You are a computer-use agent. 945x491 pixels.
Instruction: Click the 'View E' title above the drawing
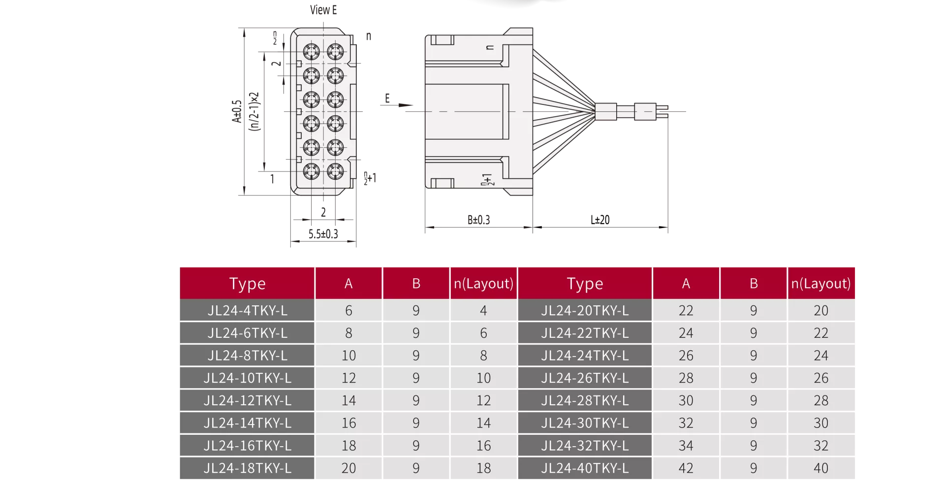pyautogui.click(x=323, y=10)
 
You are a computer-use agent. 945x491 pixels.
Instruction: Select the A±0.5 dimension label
pyautogui.click(x=237, y=111)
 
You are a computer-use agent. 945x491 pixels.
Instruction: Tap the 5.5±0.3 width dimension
pyautogui.click(x=323, y=234)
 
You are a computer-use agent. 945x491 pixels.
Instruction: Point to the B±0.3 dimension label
pyautogui.click(x=478, y=220)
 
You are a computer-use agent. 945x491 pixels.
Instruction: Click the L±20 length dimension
pyautogui.click(x=600, y=220)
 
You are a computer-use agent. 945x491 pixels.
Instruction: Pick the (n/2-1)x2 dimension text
pyautogui.click(x=254, y=111)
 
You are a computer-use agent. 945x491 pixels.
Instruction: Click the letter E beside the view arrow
pyautogui.click(x=387, y=98)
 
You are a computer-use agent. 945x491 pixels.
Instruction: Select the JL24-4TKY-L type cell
pyautogui.click(x=247, y=311)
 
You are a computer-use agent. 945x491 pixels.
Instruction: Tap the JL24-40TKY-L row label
pyautogui.click(x=585, y=468)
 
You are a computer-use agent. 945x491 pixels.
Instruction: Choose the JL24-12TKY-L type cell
pyautogui.click(x=247, y=400)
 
